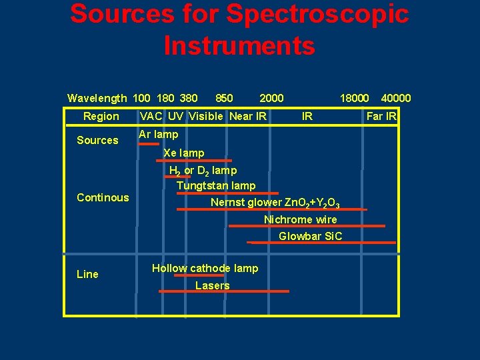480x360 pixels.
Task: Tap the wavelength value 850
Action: (x=225, y=99)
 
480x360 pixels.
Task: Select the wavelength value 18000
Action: (x=354, y=99)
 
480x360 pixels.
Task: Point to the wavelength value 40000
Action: (x=396, y=99)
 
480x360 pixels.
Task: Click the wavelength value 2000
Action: (x=271, y=99)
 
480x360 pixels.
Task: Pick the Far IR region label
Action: (x=382, y=117)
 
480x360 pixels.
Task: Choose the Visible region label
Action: (x=206, y=117)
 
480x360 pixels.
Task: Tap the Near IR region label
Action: (x=248, y=117)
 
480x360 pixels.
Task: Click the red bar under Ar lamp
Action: (x=149, y=143)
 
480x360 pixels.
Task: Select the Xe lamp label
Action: (x=184, y=153)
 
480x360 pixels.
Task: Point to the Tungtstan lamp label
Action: (x=216, y=185)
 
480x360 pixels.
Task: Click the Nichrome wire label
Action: (x=300, y=219)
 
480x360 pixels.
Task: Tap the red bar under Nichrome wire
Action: (x=307, y=226)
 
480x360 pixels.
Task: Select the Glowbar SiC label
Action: (x=310, y=236)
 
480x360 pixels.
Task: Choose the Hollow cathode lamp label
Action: (x=205, y=268)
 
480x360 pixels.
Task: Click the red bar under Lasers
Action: (x=223, y=291)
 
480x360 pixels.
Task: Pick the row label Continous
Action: (x=103, y=197)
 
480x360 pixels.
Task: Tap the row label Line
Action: (x=87, y=274)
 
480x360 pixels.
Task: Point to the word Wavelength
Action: (x=97, y=99)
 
